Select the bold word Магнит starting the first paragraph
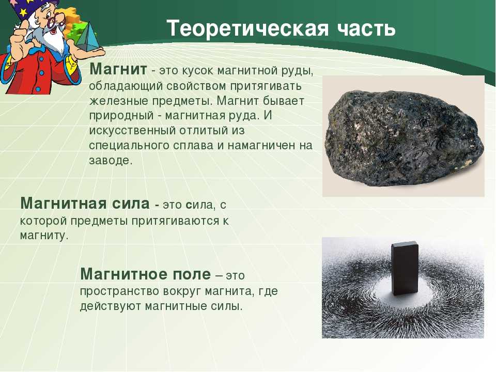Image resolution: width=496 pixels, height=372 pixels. [118, 69]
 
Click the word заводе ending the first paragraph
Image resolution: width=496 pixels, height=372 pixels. [111, 160]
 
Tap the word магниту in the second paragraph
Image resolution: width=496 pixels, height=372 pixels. [44, 236]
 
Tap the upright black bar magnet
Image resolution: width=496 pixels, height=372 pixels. [405, 268]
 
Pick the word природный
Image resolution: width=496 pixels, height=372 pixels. [121, 116]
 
